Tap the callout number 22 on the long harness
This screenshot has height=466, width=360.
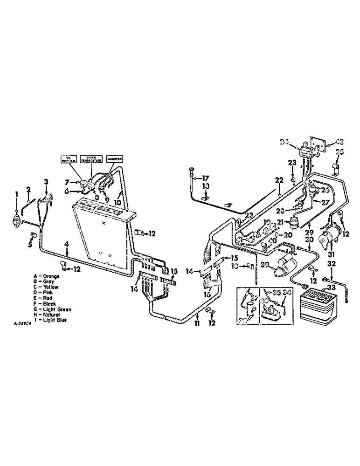278,180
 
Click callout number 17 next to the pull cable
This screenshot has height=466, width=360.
206,178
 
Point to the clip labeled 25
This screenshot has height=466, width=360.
334,167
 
